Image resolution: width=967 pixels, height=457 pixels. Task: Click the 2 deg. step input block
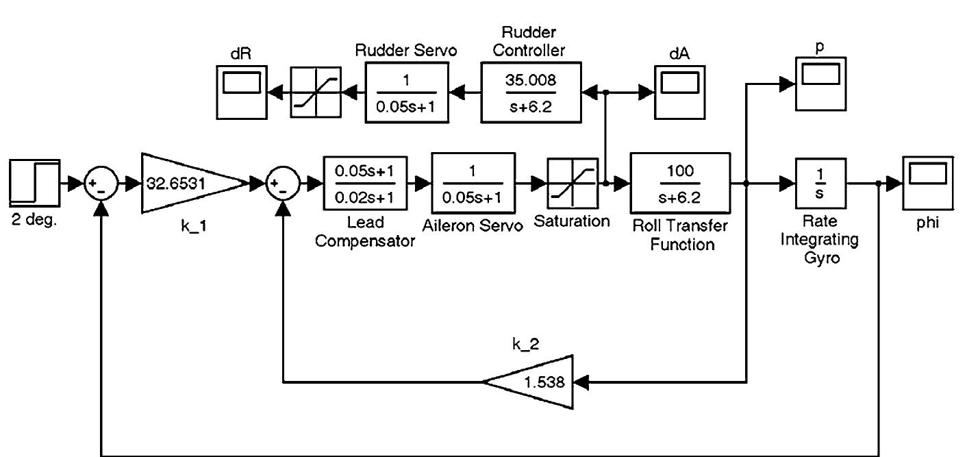coord(34,182)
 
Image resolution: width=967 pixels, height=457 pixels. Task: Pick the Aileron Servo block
coord(473,183)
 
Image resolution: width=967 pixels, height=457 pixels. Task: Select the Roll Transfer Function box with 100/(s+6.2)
coord(680,183)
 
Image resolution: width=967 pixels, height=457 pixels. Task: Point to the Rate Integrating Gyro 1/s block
coord(821,183)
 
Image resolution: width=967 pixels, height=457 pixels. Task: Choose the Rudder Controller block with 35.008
coord(531,91)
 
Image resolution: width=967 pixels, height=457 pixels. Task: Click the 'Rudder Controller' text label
coord(531,40)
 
